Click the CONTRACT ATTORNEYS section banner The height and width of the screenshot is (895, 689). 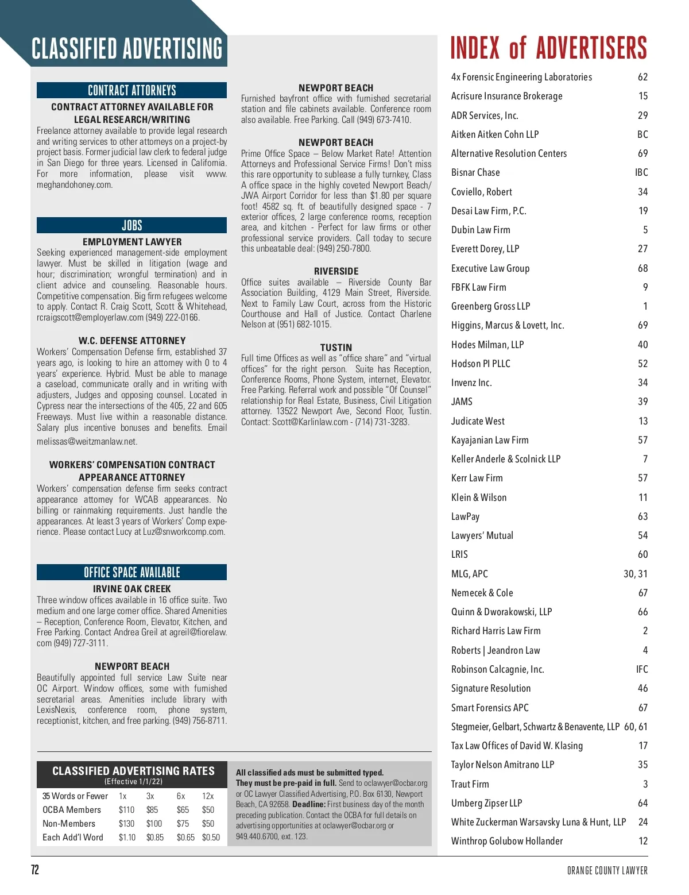click(131, 90)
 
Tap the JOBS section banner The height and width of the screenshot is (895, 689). click(131, 225)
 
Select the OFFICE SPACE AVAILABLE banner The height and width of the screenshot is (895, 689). click(131, 572)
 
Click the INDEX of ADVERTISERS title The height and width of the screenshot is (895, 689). click(548, 48)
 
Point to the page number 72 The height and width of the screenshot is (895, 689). click(35, 870)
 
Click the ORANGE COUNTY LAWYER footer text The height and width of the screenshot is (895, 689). click(607, 870)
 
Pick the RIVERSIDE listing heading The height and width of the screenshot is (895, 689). click(336, 271)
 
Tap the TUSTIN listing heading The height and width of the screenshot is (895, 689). click(336, 348)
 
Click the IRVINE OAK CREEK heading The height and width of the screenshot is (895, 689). click(131, 589)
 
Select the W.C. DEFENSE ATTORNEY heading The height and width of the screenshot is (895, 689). click(131, 341)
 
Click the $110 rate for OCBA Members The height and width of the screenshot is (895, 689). click(126, 810)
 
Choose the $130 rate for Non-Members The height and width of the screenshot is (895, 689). click(126, 824)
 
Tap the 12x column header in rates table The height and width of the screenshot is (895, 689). click(208, 796)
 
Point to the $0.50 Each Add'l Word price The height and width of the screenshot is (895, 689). click(211, 838)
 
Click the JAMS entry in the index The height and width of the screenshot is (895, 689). click(462, 402)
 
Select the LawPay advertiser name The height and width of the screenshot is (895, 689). click(465, 516)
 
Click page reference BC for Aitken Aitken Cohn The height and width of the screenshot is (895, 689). click(642, 134)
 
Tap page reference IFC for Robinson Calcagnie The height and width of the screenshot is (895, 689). click(641, 669)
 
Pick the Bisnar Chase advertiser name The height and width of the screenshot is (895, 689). click(475, 172)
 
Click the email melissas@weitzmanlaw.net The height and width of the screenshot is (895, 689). click(87, 442)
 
